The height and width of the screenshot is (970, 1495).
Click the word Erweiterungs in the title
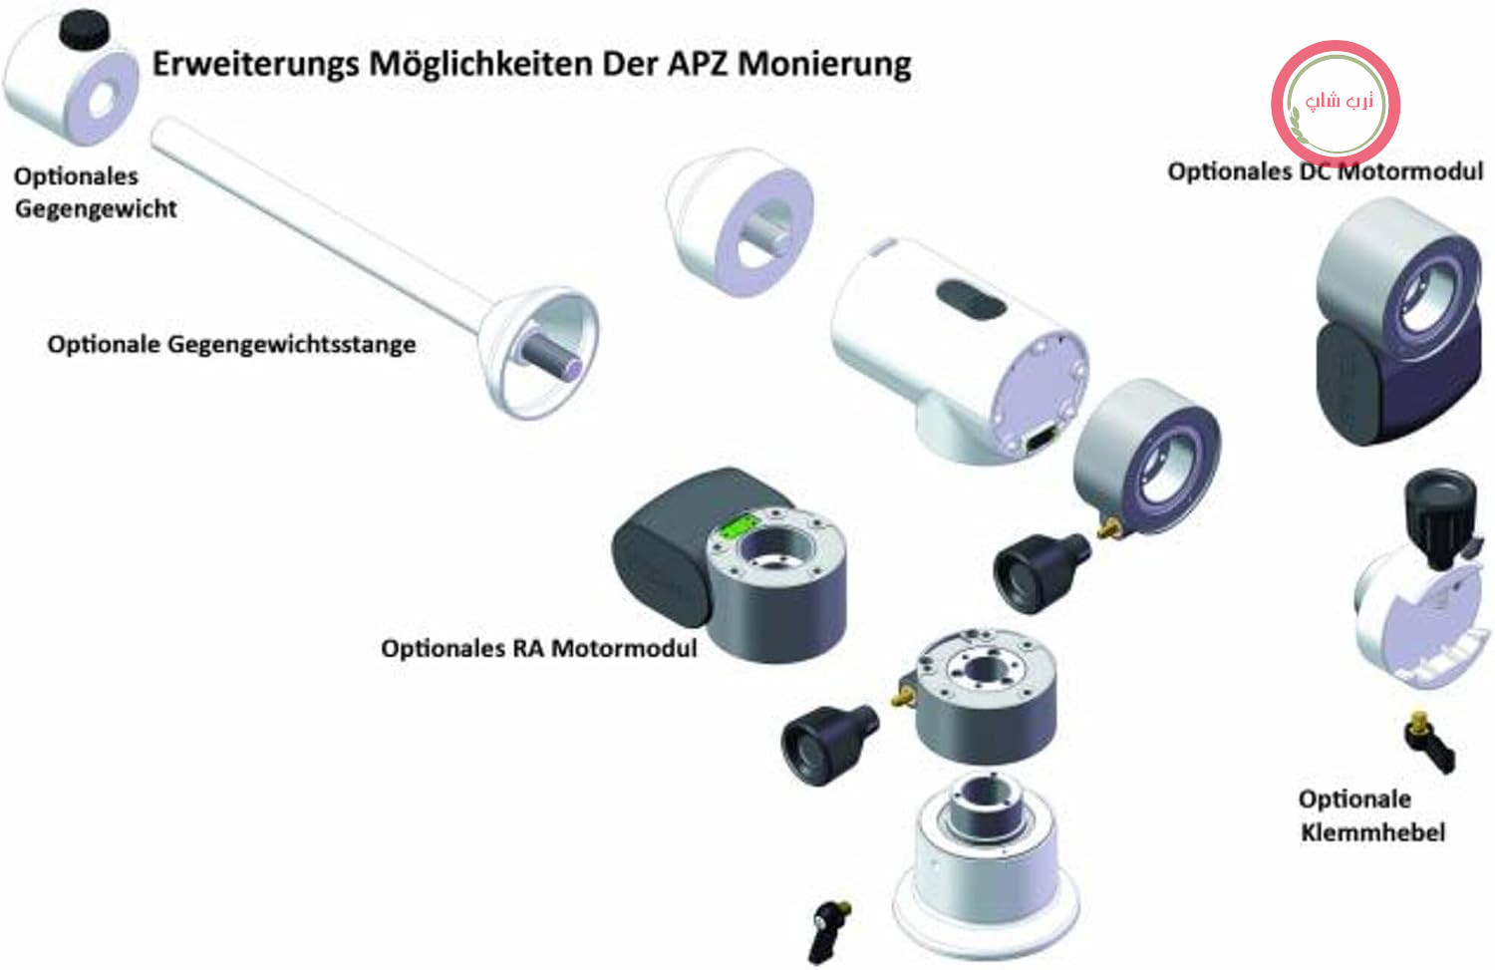[x=255, y=66]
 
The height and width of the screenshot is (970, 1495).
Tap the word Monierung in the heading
[x=824, y=66]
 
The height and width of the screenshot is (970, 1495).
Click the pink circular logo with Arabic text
[x=1336, y=104]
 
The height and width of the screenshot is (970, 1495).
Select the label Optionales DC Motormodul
[x=1325, y=171]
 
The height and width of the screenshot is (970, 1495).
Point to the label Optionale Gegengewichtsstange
[x=231, y=345]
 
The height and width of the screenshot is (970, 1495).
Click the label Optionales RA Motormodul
[x=538, y=648]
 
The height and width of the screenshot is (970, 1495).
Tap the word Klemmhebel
[x=1372, y=832]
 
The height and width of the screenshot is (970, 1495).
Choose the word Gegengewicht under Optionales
[x=96, y=209]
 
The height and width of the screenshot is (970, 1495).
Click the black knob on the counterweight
[x=84, y=28]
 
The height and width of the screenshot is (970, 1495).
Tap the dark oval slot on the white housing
[x=971, y=300]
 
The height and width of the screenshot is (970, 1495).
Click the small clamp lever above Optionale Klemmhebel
[x=1429, y=743]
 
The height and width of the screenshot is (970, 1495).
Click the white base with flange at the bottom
[x=987, y=868]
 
